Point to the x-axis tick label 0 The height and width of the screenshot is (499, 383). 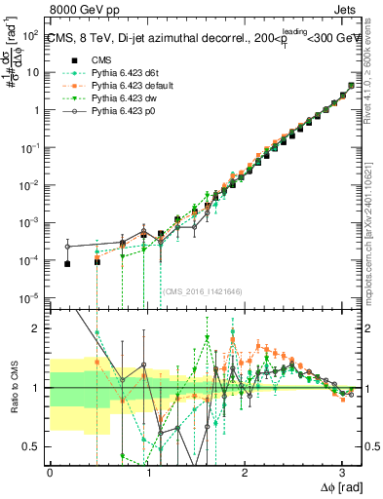[50, 473]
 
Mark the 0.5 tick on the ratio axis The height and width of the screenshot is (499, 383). [35, 446]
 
